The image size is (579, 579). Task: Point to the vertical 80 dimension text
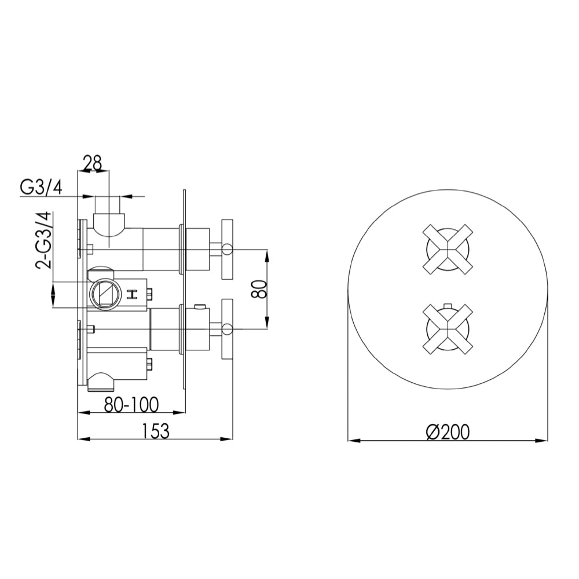[259, 288]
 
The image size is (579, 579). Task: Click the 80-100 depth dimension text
[130, 405]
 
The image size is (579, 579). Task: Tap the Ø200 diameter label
[448, 432]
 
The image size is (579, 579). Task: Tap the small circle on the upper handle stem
[227, 250]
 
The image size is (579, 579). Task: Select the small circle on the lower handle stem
[227, 330]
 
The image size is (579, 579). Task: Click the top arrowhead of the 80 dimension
[267, 253]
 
